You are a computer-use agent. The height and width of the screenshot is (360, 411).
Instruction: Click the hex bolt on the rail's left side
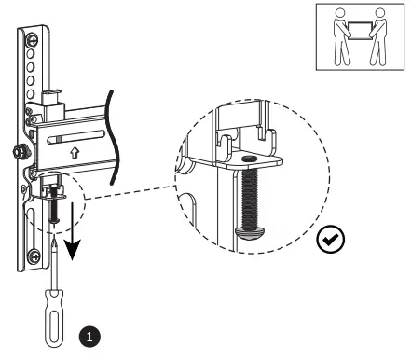click(x=17, y=148)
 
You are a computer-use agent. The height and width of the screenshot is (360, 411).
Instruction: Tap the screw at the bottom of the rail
click(x=34, y=255)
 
